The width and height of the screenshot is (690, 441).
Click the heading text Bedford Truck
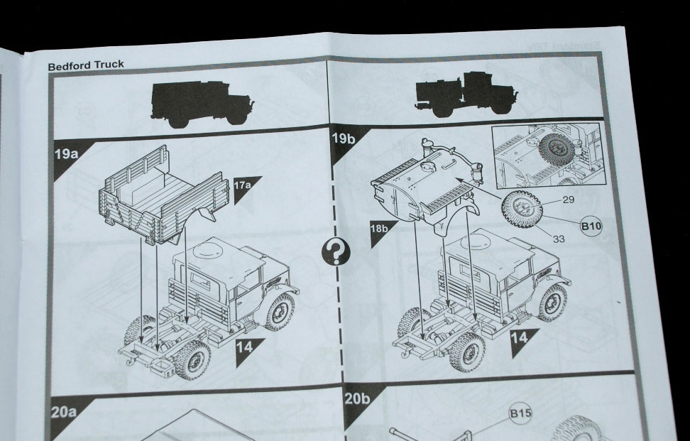(x=86, y=65)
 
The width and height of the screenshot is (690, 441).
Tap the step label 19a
(x=66, y=155)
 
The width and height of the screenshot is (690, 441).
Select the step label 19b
(x=344, y=138)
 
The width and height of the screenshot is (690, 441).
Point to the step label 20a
(x=64, y=413)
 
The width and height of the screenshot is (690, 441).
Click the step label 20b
(x=357, y=399)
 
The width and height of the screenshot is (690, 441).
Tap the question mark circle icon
(x=336, y=253)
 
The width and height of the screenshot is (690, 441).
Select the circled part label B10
(x=591, y=227)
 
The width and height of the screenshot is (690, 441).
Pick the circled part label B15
(x=520, y=414)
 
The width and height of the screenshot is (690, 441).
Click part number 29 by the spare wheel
(x=569, y=200)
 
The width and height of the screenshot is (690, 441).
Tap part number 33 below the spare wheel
(x=559, y=239)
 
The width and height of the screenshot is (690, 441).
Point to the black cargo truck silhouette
(x=202, y=104)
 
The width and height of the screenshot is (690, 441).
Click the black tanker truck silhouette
(x=466, y=94)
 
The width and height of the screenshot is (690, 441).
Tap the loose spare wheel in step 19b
(x=522, y=209)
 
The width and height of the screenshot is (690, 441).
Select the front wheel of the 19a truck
(x=280, y=311)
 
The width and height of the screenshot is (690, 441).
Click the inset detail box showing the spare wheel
(x=548, y=155)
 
